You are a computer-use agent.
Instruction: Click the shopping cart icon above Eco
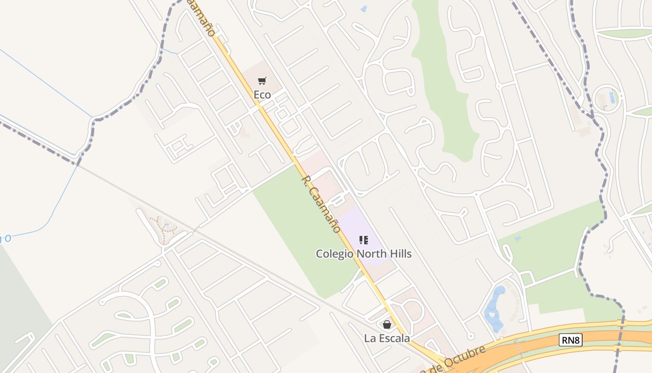[x=262, y=81]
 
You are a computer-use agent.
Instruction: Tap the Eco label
[x=262, y=95]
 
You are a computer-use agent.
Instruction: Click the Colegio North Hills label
[x=364, y=254]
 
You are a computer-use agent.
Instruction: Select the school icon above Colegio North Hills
[x=364, y=240]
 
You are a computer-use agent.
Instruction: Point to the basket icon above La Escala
[x=387, y=325]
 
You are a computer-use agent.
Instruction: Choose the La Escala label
[x=387, y=338]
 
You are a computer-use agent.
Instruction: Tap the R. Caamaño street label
[x=321, y=204]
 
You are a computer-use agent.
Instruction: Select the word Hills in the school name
[x=398, y=254]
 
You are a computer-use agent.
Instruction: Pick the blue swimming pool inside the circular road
[x=612, y=97]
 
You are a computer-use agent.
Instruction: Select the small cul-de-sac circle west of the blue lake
[x=470, y=335]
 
